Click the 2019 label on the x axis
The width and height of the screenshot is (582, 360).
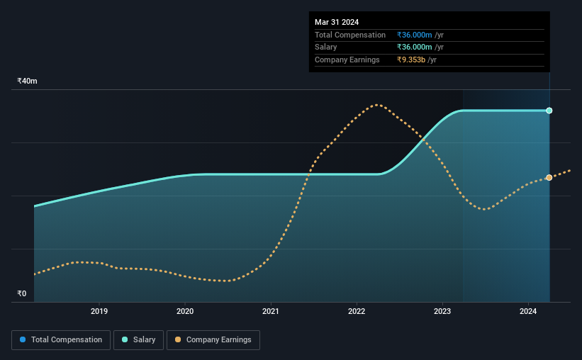(99, 311)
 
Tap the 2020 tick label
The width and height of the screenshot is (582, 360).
(185, 311)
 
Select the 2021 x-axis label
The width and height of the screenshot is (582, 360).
(271, 311)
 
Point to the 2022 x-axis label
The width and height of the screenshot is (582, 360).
(357, 311)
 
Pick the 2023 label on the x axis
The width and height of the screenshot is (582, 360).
(442, 311)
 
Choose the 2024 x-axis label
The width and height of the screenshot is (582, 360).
(528, 311)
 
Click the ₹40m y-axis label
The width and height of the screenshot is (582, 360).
(27, 81)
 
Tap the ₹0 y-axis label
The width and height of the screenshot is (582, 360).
(21, 293)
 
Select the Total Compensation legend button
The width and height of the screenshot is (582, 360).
(61, 340)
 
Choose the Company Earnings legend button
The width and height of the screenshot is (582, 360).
(213, 340)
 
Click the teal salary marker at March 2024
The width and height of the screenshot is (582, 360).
(549, 111)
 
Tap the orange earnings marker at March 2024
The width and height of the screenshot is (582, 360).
(549, 177)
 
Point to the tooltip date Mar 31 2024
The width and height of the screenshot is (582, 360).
(337, 22)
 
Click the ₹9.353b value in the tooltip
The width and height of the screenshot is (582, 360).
(417, 60)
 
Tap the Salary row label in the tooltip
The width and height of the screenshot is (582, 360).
(327, 47)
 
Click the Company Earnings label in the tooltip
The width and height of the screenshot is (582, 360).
(347, 60)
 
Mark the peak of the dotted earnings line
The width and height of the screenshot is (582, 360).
(379, 105)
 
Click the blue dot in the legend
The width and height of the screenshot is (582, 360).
(23, 340)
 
